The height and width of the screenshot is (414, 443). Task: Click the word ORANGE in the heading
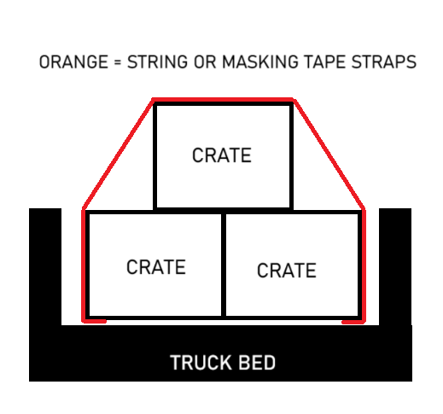pyautogui.click(x=73, y=62)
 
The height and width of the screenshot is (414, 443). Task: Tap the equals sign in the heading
pyautogui.click(x=117, y=62)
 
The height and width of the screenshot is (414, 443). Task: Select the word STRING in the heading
pyautogui.click(x=157, y=62)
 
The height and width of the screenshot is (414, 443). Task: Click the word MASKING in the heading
pyautogui.click(x=259, y=62)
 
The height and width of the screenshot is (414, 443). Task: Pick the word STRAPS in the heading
pyautogui.click(x=384, y=62)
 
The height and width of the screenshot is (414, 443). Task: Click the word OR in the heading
pyautogui.click(x=205, y=62)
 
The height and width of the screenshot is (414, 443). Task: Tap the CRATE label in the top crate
pyautogui.click(x=222, y=155)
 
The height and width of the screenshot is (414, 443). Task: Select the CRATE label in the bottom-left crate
pyautogui.click(x=156, y=267)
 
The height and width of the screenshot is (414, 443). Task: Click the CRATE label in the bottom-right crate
pyautogui.click(x=287, y=270)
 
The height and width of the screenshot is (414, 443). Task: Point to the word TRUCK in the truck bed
pyautogui.click(x=201, y=363)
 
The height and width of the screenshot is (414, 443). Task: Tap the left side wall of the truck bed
pyautogui.click(x=45, y=266)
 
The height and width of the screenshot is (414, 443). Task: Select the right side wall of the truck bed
pyautogui.click(x=395, y=266)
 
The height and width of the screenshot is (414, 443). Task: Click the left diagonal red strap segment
pyautogui.click(x=118, y=154)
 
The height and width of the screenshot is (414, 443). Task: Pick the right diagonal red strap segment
pyautogui.click(x=329, y=154)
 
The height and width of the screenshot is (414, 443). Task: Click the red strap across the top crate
pyautogui.click(x=224, y=100)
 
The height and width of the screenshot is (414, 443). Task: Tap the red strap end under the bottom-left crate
pyautogui.click(x=95, y=321)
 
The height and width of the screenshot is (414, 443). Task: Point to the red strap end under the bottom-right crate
pyautogui.click(x=353, y=322)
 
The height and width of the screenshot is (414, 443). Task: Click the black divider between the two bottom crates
pyautogui.click(x=224, y=265)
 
